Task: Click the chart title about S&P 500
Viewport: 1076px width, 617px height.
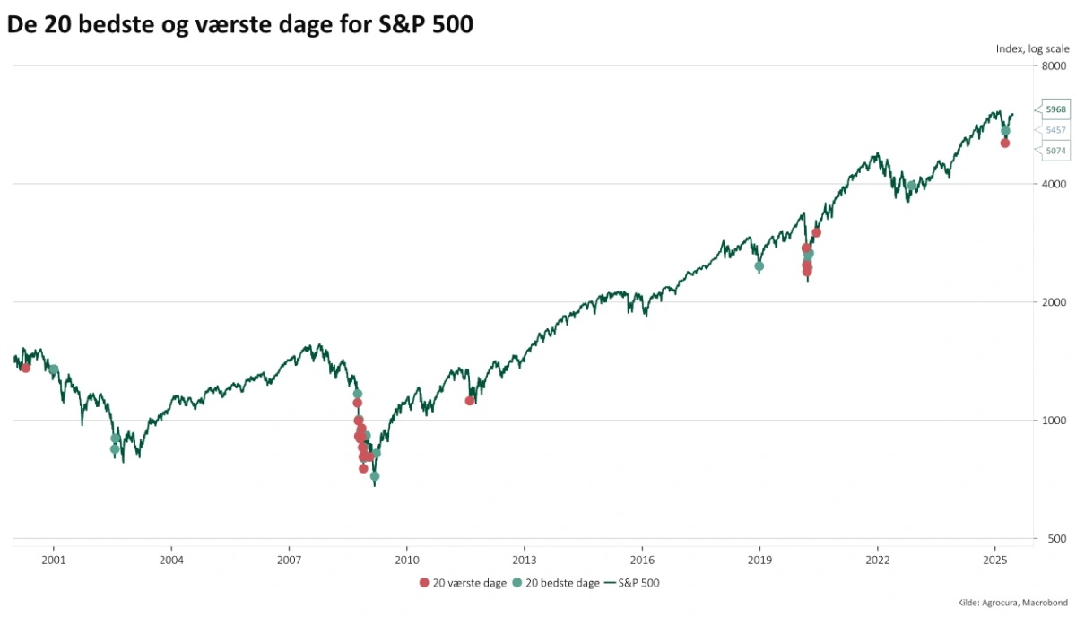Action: [239, 25]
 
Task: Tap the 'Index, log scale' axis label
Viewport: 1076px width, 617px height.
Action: [1032, 49]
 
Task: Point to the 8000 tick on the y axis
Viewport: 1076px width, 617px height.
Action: [1054, 66]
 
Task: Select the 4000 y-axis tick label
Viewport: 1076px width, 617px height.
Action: [1054, 184]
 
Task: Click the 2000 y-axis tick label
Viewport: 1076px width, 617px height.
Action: [1054, 302]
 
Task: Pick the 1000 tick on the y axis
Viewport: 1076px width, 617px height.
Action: [1054, 421]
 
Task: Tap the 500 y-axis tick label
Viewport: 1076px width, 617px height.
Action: [1056, 539]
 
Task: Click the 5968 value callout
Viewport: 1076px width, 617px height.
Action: [1055, 109]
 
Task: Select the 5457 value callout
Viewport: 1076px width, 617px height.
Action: [1055, 130]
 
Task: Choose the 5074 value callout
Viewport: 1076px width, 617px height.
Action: [1055, 152]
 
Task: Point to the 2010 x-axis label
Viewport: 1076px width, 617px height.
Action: [406, 559]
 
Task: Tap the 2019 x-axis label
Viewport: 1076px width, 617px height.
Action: [759, 559]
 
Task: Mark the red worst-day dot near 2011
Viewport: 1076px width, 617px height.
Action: [470, 401]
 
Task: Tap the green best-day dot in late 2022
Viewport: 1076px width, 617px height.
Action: [911, 187]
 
